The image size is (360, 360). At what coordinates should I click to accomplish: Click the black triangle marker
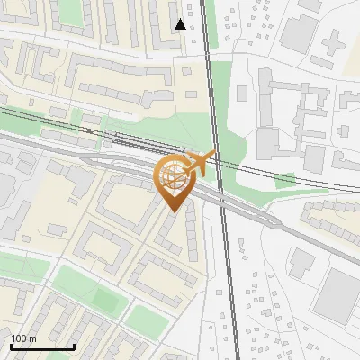tap(181, 24)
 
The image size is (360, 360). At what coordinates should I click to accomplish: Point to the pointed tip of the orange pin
tap(172, 211)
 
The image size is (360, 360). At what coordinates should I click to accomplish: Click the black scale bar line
tap(42, 346)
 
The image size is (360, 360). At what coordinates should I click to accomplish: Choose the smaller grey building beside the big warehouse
tap(301, 262)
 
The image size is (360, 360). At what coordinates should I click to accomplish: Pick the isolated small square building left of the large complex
tap(240, 92)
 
